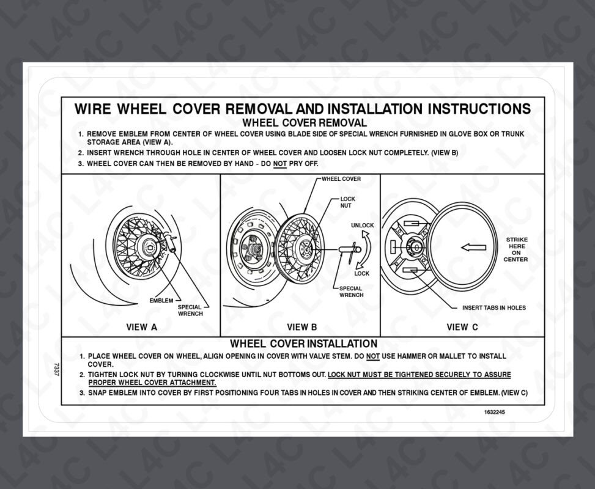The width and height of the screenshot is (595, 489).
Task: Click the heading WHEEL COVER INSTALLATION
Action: coord(303,344)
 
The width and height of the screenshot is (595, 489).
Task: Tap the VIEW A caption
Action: coord(141,327)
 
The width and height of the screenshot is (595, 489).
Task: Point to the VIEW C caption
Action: coord(462,327)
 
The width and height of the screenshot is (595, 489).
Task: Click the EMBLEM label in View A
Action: coord(161,301)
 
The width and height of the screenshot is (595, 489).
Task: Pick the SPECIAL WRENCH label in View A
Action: coord(190,311)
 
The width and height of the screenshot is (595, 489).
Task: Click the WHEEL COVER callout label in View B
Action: coord(341,179)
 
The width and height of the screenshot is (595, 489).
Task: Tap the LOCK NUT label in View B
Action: coord(347,202)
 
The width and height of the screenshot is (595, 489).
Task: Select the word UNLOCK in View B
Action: coord(362,226)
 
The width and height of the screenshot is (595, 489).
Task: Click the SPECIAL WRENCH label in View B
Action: coord(351,292)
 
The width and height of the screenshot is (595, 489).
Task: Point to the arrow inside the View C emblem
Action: coord(473,248)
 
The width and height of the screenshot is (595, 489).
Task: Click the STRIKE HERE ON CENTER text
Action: coord(516,249)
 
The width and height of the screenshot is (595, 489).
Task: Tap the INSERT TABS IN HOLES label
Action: coord(493,307)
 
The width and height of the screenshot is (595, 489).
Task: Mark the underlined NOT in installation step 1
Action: coord(373,356)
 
